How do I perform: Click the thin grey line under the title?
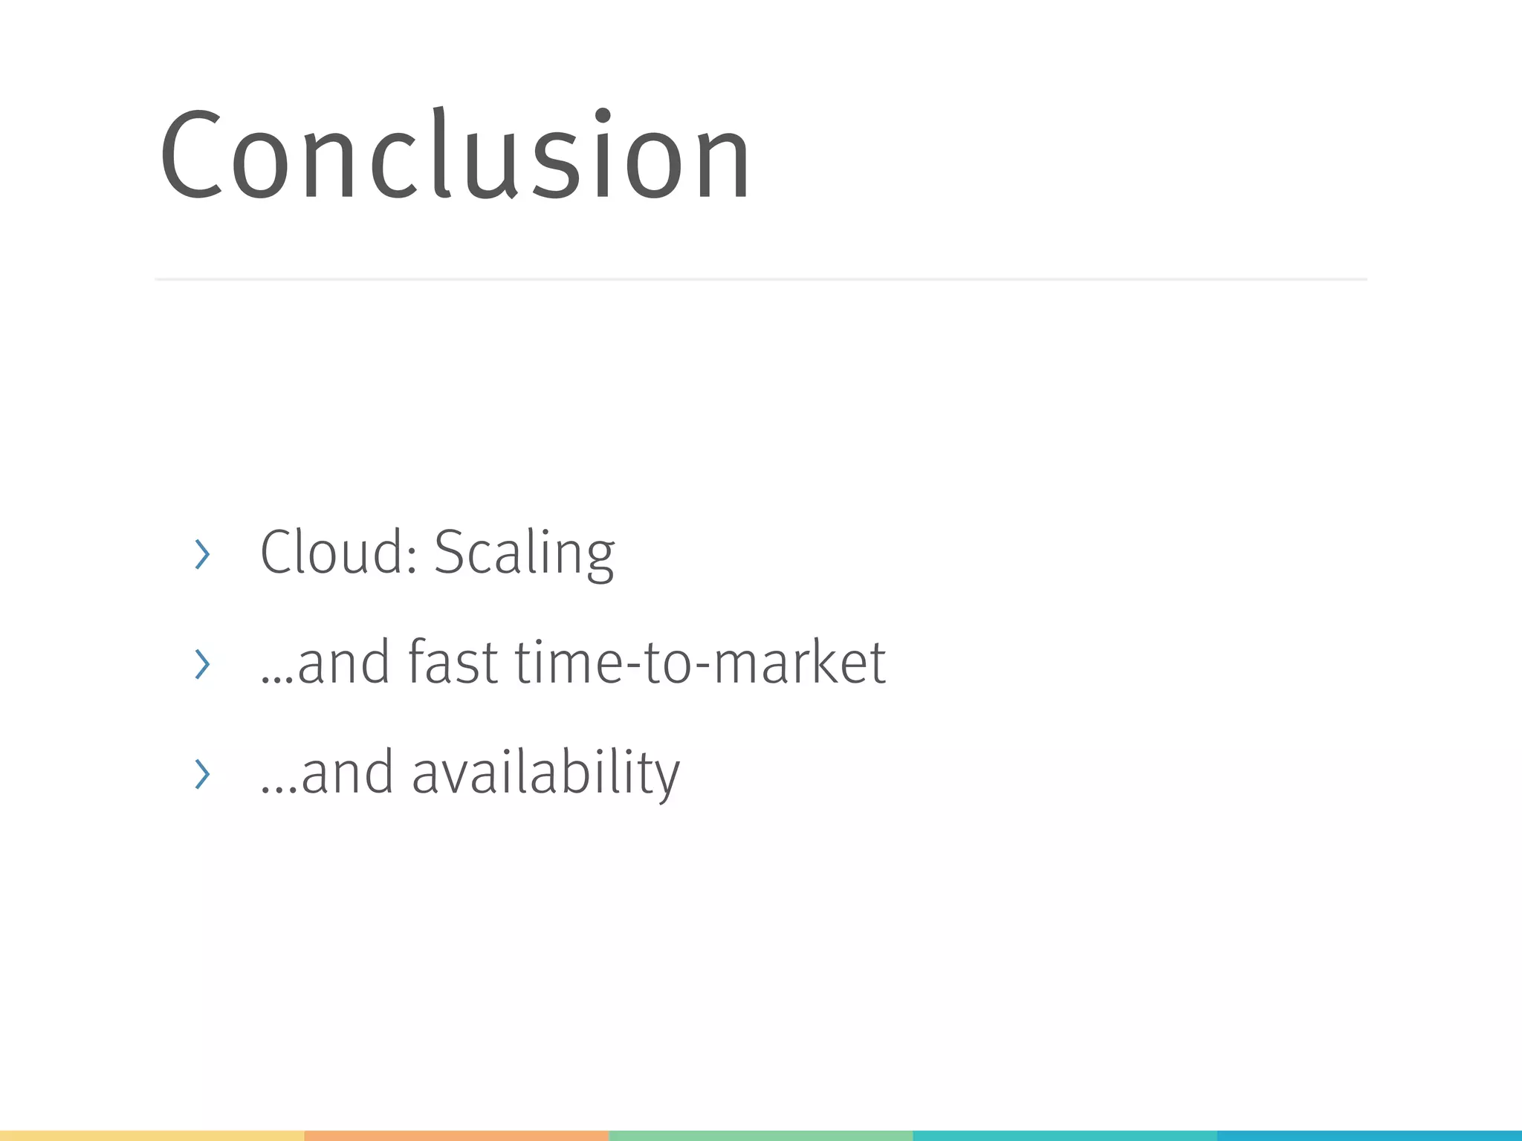click(761, 279)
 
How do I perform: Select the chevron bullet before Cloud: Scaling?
click(201, 554)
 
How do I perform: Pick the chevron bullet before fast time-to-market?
click(201, 664)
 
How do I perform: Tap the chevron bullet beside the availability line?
click(201, 774)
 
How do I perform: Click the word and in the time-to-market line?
click(343, 663)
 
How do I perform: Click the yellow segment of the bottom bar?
click(152, 1136)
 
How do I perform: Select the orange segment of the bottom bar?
click(456, 1136)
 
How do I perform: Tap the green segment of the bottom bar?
click(761, 1136)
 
